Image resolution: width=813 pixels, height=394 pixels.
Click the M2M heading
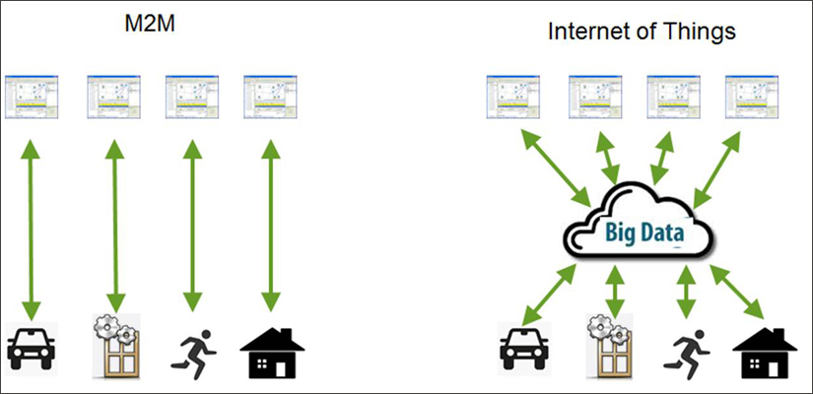151,24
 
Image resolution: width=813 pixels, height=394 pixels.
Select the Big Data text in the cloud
644,232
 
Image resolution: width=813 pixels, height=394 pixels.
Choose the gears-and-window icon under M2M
116,345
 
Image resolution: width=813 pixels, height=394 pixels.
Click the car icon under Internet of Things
523,348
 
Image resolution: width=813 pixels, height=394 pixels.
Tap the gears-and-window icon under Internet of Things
610,345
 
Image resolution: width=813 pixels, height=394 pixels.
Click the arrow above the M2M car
32,230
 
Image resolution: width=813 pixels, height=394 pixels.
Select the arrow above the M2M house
271,226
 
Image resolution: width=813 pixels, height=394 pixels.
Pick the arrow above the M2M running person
193,226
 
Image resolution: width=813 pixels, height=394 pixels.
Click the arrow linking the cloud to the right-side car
549,295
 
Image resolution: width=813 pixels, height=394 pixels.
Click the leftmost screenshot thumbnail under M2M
32,97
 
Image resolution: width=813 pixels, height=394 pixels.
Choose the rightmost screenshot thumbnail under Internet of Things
752,97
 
